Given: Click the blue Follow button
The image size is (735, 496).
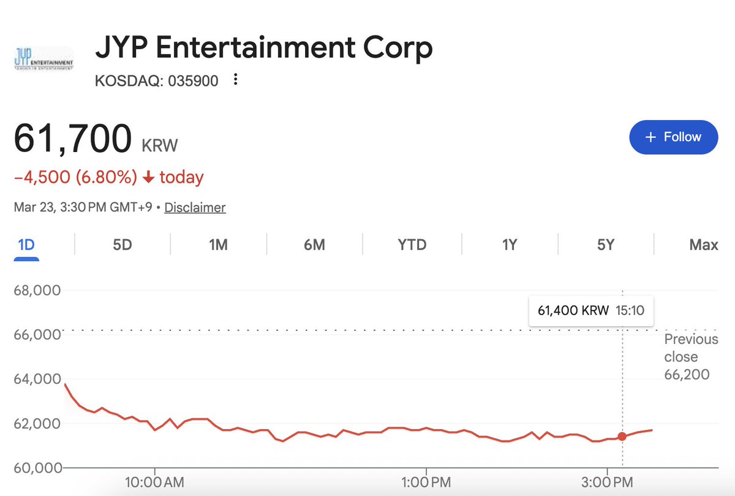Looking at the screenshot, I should [x=673, y=137].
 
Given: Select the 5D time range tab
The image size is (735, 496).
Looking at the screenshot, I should [x=123, y=245].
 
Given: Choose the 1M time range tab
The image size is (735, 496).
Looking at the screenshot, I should [x=218, y=245].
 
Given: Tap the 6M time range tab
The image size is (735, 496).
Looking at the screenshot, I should [x=314, y=245].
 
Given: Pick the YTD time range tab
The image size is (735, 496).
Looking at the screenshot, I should [x=412, y=245].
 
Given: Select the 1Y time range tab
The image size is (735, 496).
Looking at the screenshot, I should [x=509, y=245].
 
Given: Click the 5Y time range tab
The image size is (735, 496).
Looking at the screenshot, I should [x=605, y=245].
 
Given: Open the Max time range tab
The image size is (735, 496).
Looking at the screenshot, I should [x=703, y=245].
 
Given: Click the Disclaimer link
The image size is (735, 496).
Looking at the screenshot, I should [x=195, y=207].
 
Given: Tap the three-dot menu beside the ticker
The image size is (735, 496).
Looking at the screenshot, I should [x=236, y=80].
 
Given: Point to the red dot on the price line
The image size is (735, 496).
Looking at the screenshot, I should [x=622, y=437].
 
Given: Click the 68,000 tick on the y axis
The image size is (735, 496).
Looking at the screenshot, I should [x=37, y=290].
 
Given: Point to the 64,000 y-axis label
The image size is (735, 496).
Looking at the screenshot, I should [x=37, y=379].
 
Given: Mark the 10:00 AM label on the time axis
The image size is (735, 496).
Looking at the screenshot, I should [x=154, y=481].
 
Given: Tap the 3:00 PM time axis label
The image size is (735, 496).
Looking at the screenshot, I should [x=607, y=481].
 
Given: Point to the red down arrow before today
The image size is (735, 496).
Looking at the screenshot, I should [x=148, y=178].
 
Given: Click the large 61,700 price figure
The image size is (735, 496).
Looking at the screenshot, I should [x=72, y=138].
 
